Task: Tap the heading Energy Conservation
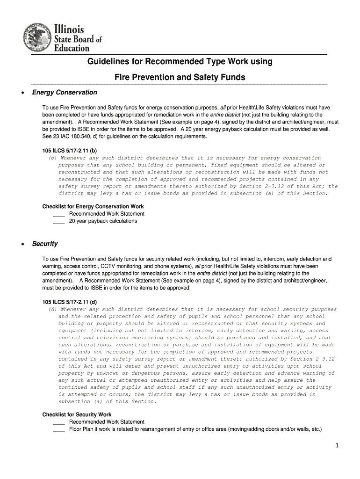point(65,93)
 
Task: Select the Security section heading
point(45,244)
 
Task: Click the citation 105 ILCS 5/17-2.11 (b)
point(70,151)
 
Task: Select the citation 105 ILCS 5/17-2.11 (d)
point(70,302)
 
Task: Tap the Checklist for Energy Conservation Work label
point(93,206)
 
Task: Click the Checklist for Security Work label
point(77,414)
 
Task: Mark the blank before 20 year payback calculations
point(58,222)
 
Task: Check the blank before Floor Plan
point(58,429)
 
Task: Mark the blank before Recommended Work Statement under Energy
point(58,214)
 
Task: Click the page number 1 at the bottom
point(336,445)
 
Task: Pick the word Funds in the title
point(232,77)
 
